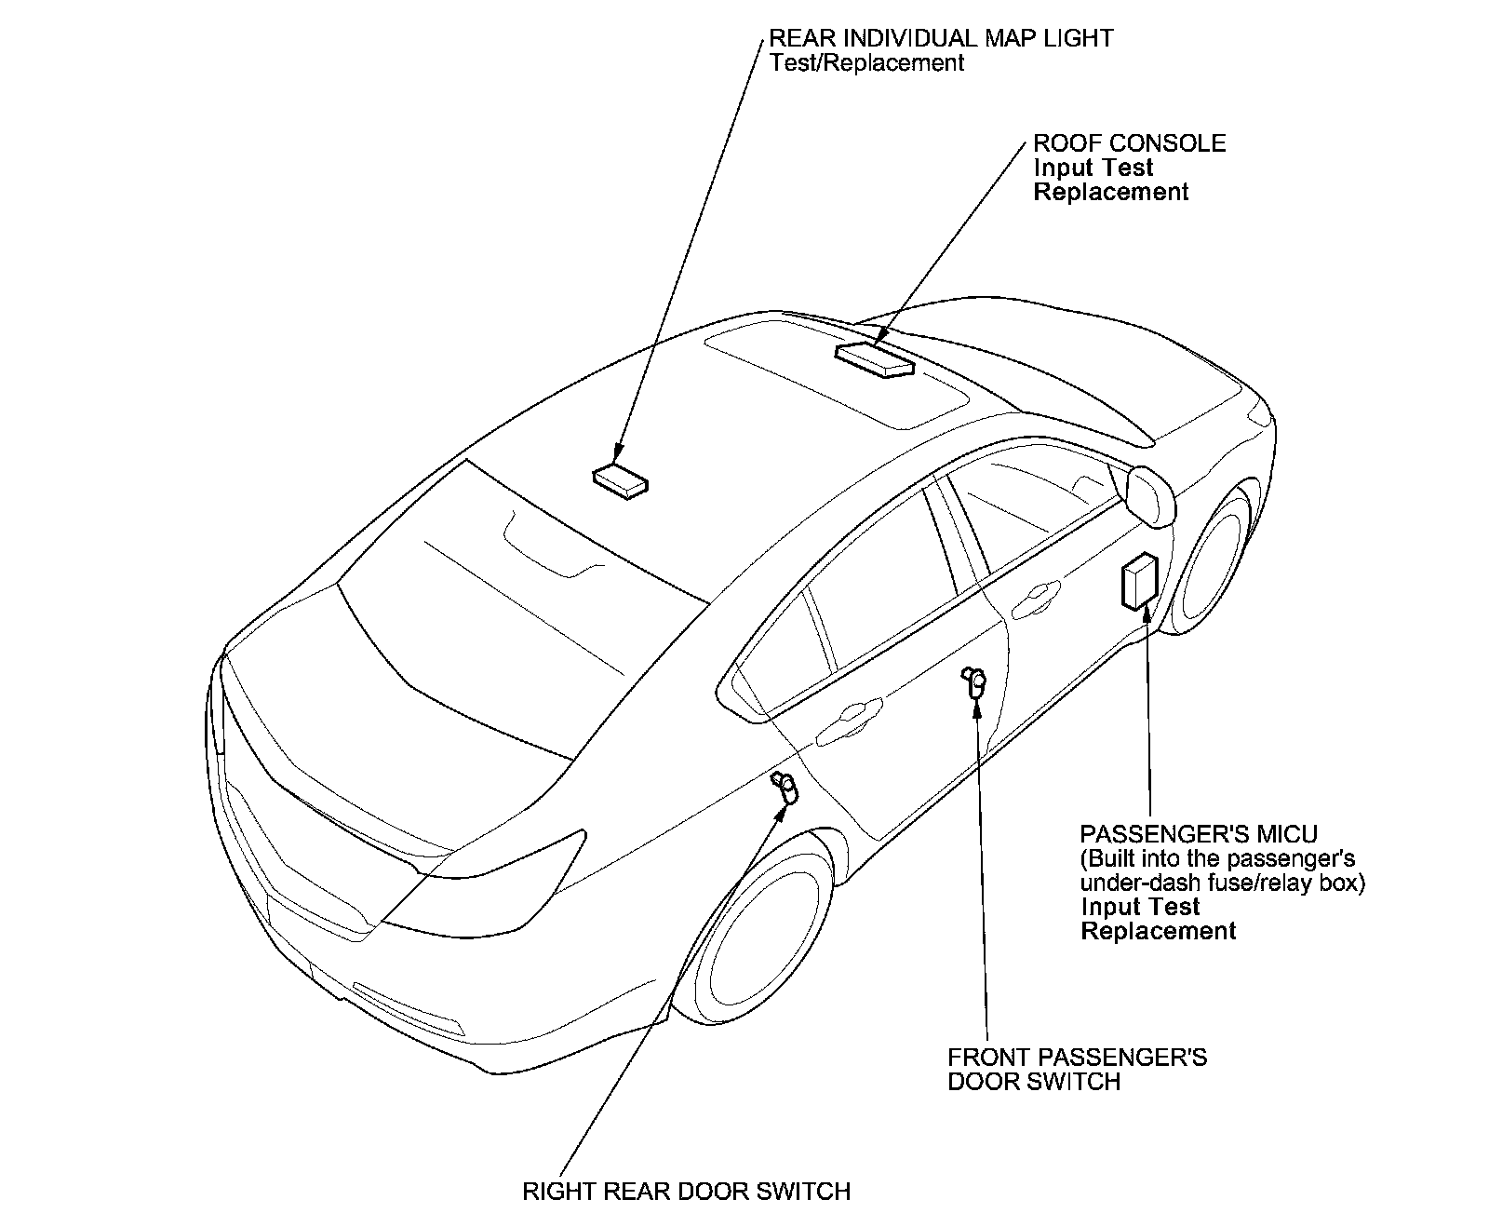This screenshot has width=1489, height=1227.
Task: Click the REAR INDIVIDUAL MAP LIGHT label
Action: [941, 38]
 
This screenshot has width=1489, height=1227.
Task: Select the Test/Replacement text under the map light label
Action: [866, 63]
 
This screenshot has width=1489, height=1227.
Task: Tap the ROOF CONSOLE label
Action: [1130, 143]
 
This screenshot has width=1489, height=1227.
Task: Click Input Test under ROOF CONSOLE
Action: [1093, 168]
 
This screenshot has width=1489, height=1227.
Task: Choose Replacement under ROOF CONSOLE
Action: [1111, 192]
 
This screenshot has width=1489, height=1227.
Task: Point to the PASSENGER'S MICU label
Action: [1199, 833]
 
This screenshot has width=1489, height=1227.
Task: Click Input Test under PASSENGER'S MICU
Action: [1140, 907]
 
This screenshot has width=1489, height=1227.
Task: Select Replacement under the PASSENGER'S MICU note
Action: [1159, 931]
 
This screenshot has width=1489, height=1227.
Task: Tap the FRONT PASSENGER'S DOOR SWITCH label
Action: [1077, 1070]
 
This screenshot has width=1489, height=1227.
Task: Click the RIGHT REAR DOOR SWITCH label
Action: [686, 1192]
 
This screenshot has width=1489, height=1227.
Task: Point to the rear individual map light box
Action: [621, 481]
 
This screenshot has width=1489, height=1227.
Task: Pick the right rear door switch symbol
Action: [786, 787]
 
